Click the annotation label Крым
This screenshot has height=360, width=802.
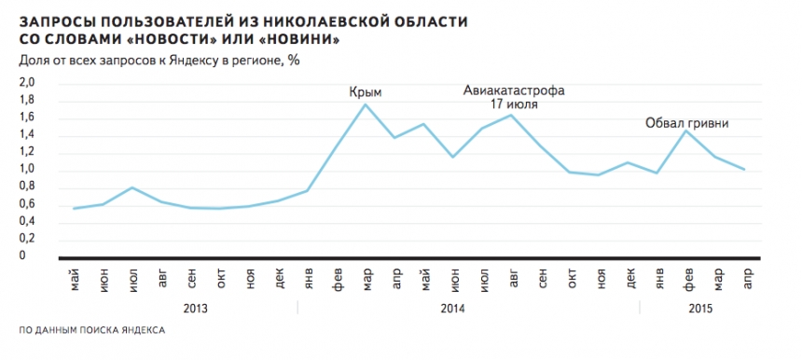pyautogui.click(x=366, y=92)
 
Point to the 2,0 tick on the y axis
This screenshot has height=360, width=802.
pyautogui.click(x=27, y=82)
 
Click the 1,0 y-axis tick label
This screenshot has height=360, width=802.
pyautogui.click(x=27, y=169)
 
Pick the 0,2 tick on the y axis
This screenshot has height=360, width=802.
pyautogui.click(x=27, y=238)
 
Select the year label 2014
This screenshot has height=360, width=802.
pyautogui.click(x=453, y=306)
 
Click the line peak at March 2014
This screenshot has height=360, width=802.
pyautogui.click(x=365, y=104)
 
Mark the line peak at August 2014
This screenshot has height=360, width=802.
pyautogui.click(x=511, y=115)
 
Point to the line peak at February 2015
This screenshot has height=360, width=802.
pyautogui.click(x=686, y=131)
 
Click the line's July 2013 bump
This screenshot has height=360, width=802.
pyautogui.click(x=132, y=187)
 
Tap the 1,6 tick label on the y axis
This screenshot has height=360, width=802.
pyautogui.click(x=27, y=117)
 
